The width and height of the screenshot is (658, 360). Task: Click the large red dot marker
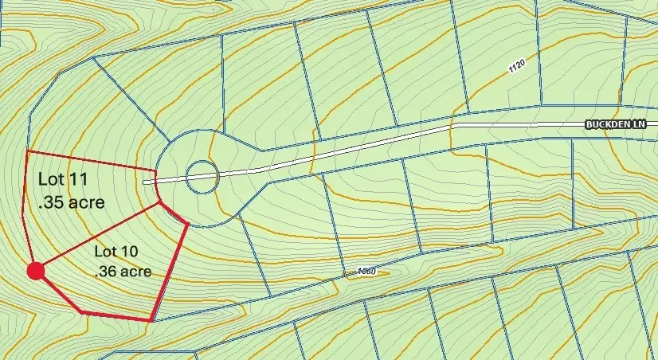[35, 272]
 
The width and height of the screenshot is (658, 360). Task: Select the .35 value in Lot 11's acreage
[50, 202]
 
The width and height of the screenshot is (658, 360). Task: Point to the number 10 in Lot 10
[132, 252]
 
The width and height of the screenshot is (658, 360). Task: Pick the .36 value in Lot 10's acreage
[106, 272]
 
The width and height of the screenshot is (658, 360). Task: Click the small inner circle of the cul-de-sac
[202, 176]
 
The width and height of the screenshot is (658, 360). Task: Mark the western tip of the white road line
[144, 182]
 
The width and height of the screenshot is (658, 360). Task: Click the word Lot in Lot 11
[51, 179]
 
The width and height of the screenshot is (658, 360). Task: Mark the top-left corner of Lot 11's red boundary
[27, 151]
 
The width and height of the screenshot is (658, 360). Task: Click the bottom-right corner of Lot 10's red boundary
[151, 320]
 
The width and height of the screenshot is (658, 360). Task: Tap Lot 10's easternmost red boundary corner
[187, 225]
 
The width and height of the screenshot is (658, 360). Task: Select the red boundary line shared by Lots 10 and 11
[97, 237]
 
